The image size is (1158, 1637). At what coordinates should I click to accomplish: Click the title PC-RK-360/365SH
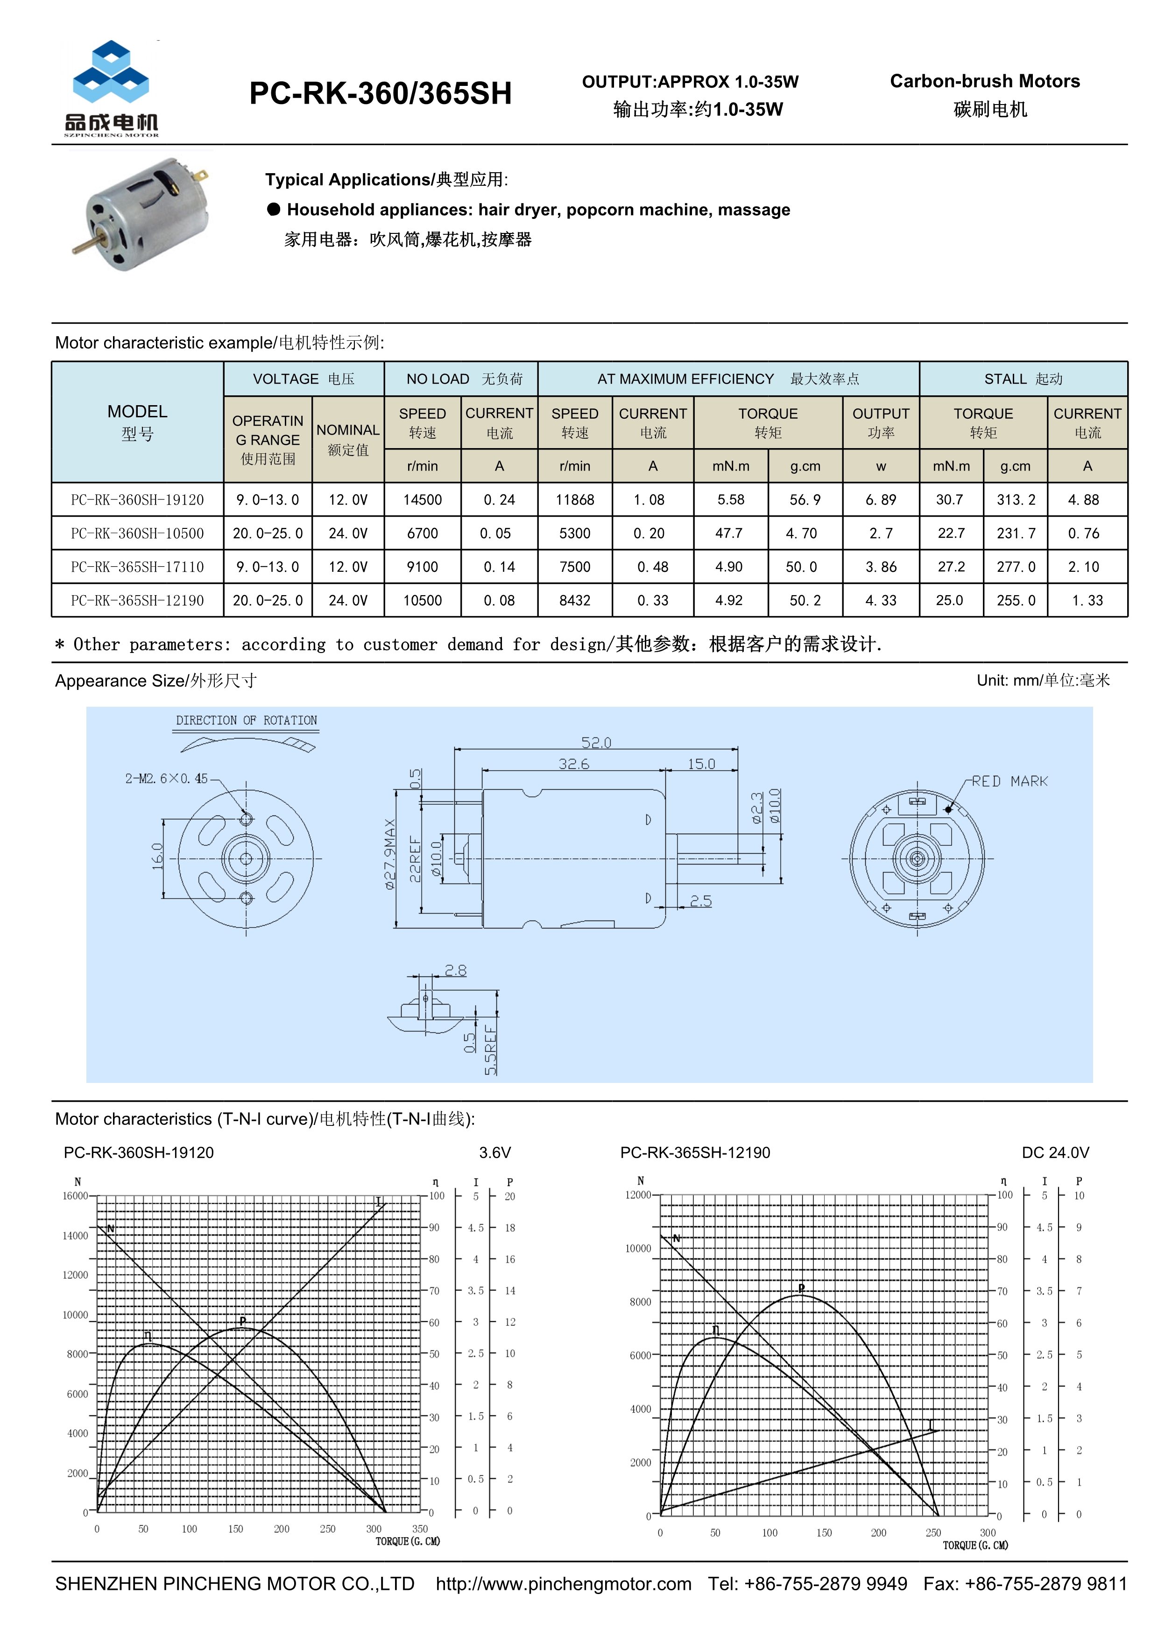(x=380, y=93)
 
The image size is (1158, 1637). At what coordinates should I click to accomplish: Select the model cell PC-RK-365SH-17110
(x=137, y=567)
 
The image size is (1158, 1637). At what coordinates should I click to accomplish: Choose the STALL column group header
(x=1023, y=379)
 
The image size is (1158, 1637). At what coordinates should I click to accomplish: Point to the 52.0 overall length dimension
(x=596, y=742)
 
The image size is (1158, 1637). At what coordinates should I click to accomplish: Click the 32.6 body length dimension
(x=573, y=764)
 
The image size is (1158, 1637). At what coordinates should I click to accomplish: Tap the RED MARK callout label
(x=1010, y=781)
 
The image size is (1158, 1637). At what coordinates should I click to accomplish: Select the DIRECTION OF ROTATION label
(x=246, y=720)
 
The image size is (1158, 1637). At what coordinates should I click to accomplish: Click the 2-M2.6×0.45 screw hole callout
(x=166, y=779)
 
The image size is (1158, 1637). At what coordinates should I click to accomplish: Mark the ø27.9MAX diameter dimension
(x=390, y=853)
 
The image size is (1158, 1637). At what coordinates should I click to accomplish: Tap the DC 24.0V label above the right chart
(x=1055, y=1153)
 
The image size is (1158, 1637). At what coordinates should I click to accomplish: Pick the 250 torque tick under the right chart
(x=932, y=1532)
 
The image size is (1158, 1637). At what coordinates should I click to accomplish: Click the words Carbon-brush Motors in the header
(x=985, y=81)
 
